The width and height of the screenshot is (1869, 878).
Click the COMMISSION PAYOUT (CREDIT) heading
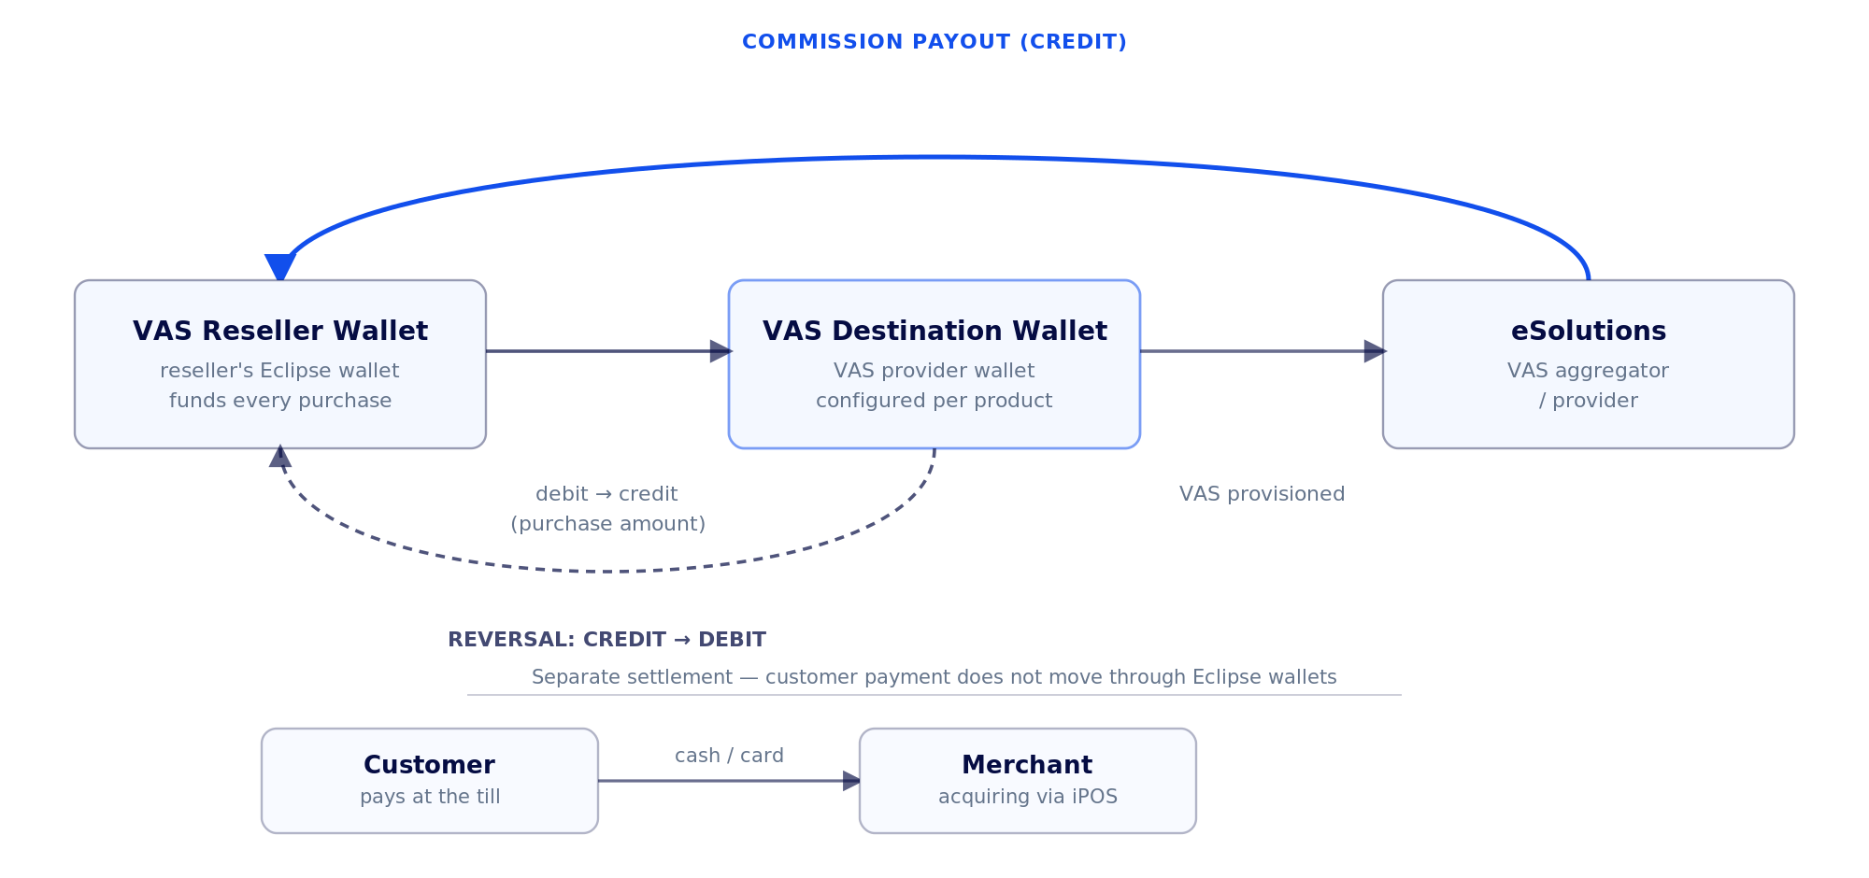934,42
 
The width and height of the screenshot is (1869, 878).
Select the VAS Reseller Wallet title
280,332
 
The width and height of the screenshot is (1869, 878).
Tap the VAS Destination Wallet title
934,332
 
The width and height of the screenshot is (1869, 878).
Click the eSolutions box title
1589,332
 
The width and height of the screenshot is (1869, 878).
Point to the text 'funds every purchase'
280,401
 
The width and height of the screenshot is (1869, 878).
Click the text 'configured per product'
934,401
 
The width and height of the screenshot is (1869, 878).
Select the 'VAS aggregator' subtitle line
1588,371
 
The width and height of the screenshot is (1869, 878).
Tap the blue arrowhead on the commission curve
279,267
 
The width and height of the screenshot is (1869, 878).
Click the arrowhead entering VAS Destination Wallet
720,351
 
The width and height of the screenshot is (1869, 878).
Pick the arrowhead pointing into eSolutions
1375,351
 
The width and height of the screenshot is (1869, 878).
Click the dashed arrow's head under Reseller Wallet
280,456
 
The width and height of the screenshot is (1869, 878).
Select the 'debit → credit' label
606,494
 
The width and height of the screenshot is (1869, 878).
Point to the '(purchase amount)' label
607,524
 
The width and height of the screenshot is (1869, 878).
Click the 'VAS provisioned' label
1262,494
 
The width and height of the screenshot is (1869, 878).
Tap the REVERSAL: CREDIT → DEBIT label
606,640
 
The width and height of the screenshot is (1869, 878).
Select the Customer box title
429,765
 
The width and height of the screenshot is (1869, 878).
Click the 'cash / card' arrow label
729,756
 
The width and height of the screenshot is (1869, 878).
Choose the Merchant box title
1027,765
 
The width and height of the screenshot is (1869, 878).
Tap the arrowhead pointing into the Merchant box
852,781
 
